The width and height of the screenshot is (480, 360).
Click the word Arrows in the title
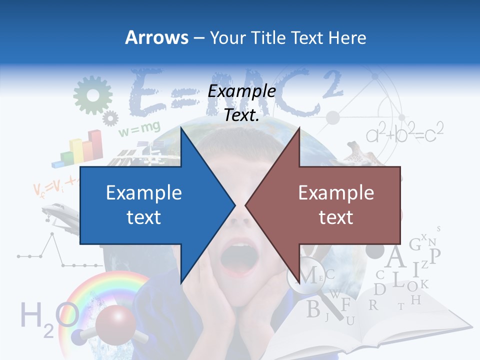[x=156, y=37]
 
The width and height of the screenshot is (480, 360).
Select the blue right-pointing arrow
[x=150, y=205]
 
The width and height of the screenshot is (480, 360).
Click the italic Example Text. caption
[x=242, y=103]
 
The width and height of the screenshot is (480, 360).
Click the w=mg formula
[x=138, y=129]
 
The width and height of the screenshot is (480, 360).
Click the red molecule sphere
[x=115, y=325]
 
